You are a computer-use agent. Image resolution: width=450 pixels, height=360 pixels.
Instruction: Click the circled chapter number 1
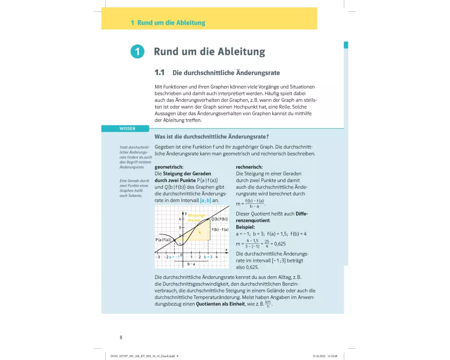pos(137,52)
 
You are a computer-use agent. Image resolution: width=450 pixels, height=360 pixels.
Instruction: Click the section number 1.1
pos(160,72)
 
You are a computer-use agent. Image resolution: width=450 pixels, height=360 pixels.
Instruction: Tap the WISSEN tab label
pos(127,129)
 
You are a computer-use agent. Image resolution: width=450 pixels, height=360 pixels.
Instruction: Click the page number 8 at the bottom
pos(121,337)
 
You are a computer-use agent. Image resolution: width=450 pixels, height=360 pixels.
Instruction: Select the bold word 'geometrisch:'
pos(168,167)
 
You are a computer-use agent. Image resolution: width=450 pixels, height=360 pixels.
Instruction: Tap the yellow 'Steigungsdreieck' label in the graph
pos(197,218)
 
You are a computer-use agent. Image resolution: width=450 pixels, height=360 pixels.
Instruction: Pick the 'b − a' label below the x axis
pos(191,264)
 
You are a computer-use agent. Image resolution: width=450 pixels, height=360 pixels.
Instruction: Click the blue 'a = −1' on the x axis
pos(174,257)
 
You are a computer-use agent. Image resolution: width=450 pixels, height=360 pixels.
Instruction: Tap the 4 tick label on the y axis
pos(180,219)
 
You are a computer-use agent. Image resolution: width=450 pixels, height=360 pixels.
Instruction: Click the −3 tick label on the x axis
pos(157,257)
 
